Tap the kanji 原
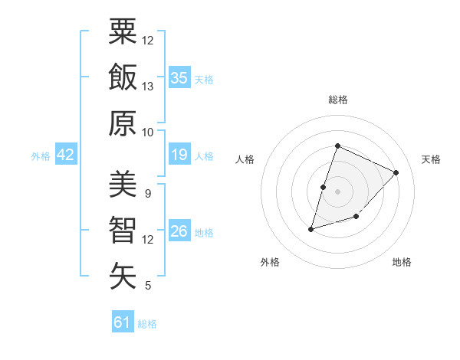tap(123, 123)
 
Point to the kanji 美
tap(123, 184)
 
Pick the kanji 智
tap(123, 230)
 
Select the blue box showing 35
tap(179, 77)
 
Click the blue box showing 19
tap(179, 155)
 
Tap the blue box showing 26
tap(179, 231)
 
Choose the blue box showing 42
tap(66, 155)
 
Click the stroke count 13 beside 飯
tap(148, 87)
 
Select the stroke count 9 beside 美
tap(147, 193)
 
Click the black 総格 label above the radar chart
tap(337, 100)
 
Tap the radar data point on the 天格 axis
tap(396, 173)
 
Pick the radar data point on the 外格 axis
tap(311, 229)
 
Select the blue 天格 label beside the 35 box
tap(204, 80)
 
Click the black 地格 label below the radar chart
tap(402, 262)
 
